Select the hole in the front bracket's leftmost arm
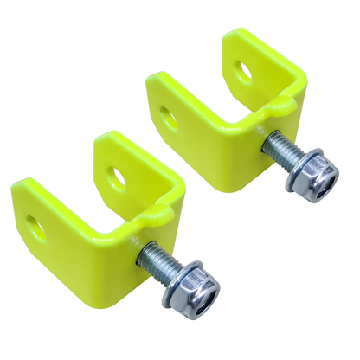35,228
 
